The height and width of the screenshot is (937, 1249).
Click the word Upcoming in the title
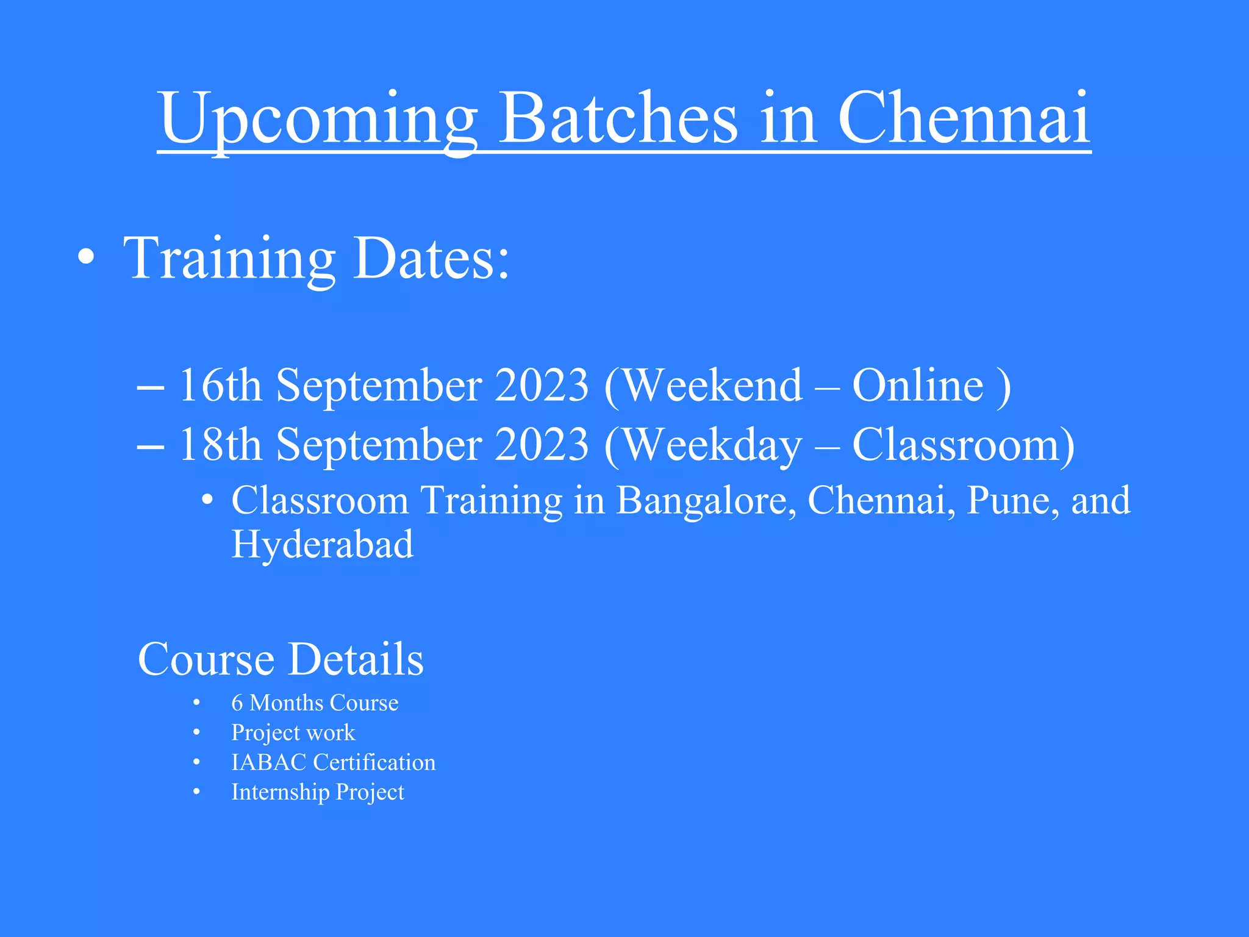[317, 119]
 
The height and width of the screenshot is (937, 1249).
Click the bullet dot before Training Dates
[87, 258]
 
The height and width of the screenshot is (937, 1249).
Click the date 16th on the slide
[220, 386]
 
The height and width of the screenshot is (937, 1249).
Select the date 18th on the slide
[220, 445]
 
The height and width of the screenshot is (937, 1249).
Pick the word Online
[918, 386]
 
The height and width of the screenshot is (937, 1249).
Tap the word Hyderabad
[322, 544]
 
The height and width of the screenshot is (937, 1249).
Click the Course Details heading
[281, 659]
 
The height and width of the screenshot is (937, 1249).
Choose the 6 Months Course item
[315, 703]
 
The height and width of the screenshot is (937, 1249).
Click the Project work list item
[293, 733]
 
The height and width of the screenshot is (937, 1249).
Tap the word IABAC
[268, 763]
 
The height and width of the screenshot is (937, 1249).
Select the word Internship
[280, 792]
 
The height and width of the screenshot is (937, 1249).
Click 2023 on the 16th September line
[542, 386]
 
